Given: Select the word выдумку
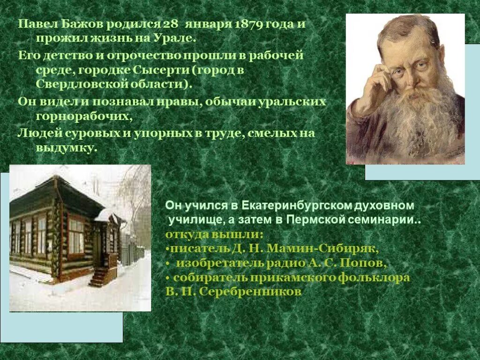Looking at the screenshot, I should coord(66,148).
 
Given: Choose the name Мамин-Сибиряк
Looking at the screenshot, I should coord(322,248).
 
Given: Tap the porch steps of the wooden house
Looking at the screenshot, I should coord(99,277).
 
